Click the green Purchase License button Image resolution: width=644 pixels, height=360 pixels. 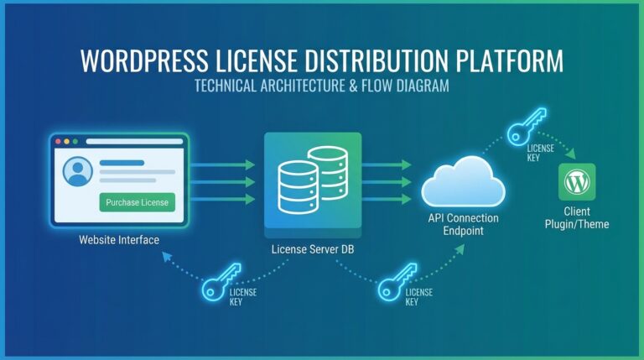point(138,202)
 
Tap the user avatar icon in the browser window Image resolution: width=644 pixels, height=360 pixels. point(77,171)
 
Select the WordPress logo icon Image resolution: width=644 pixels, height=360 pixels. point(577,181)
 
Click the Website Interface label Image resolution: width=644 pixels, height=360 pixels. point(119,240)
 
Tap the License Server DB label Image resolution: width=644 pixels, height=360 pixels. point(312,249)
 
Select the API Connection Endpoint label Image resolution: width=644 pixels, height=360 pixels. point(463,224)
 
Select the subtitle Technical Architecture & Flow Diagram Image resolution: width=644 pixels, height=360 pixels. point(322,86)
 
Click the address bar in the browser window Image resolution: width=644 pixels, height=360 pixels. point(134,143)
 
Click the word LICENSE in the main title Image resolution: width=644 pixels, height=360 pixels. point(257,64)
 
